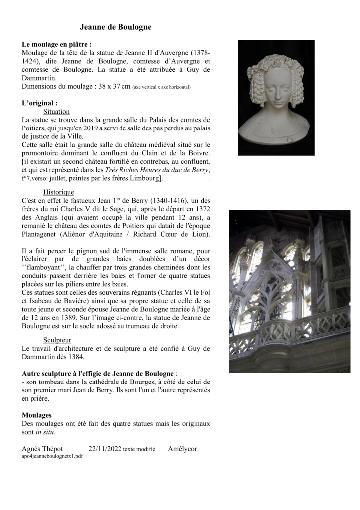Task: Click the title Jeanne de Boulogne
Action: pos(116,27)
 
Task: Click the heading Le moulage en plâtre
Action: pos(57,44)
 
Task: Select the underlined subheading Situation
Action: pos(56,112)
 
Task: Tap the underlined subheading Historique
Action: pos(59,192)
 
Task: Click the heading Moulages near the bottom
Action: pos(37,415)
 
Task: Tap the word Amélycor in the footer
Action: pos(183,449)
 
